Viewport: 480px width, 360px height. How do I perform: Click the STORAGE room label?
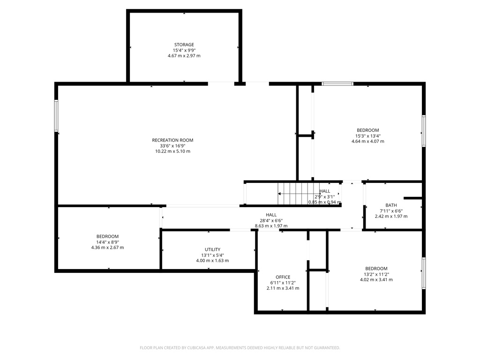pos(184,45)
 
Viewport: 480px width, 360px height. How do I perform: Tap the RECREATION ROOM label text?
pos(172,140)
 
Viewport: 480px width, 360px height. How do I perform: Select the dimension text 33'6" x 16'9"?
pos(172,146)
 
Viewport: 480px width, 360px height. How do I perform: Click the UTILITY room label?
pos(212,249)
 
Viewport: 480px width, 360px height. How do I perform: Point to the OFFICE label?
pos(283,277)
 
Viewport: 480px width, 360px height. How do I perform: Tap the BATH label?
pos(391,205)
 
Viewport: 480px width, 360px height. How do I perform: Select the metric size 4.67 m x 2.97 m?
pos(184,56)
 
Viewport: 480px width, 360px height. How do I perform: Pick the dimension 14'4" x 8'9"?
pos(107,242)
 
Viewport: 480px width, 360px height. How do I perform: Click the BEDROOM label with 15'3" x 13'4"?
pos(367,130)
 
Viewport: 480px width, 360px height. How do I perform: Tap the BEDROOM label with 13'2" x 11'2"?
pos(376,269)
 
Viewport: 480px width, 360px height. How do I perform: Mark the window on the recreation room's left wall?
pos(56,116)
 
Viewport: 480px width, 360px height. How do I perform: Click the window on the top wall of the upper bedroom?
pos(337,84)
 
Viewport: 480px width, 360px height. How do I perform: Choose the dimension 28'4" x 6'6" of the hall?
pos(271,220)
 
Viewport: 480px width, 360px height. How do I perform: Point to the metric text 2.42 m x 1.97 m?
pos(391,217)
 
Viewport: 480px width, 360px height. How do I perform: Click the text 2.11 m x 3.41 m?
pos(283,288)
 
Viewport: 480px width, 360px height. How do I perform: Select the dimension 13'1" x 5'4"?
pos(212,255)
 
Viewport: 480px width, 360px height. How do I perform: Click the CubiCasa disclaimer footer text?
pos(240,348)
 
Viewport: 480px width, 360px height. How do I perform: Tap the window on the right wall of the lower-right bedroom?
pos(424,272)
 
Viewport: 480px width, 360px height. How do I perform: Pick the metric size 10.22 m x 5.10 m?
pos(172,151)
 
